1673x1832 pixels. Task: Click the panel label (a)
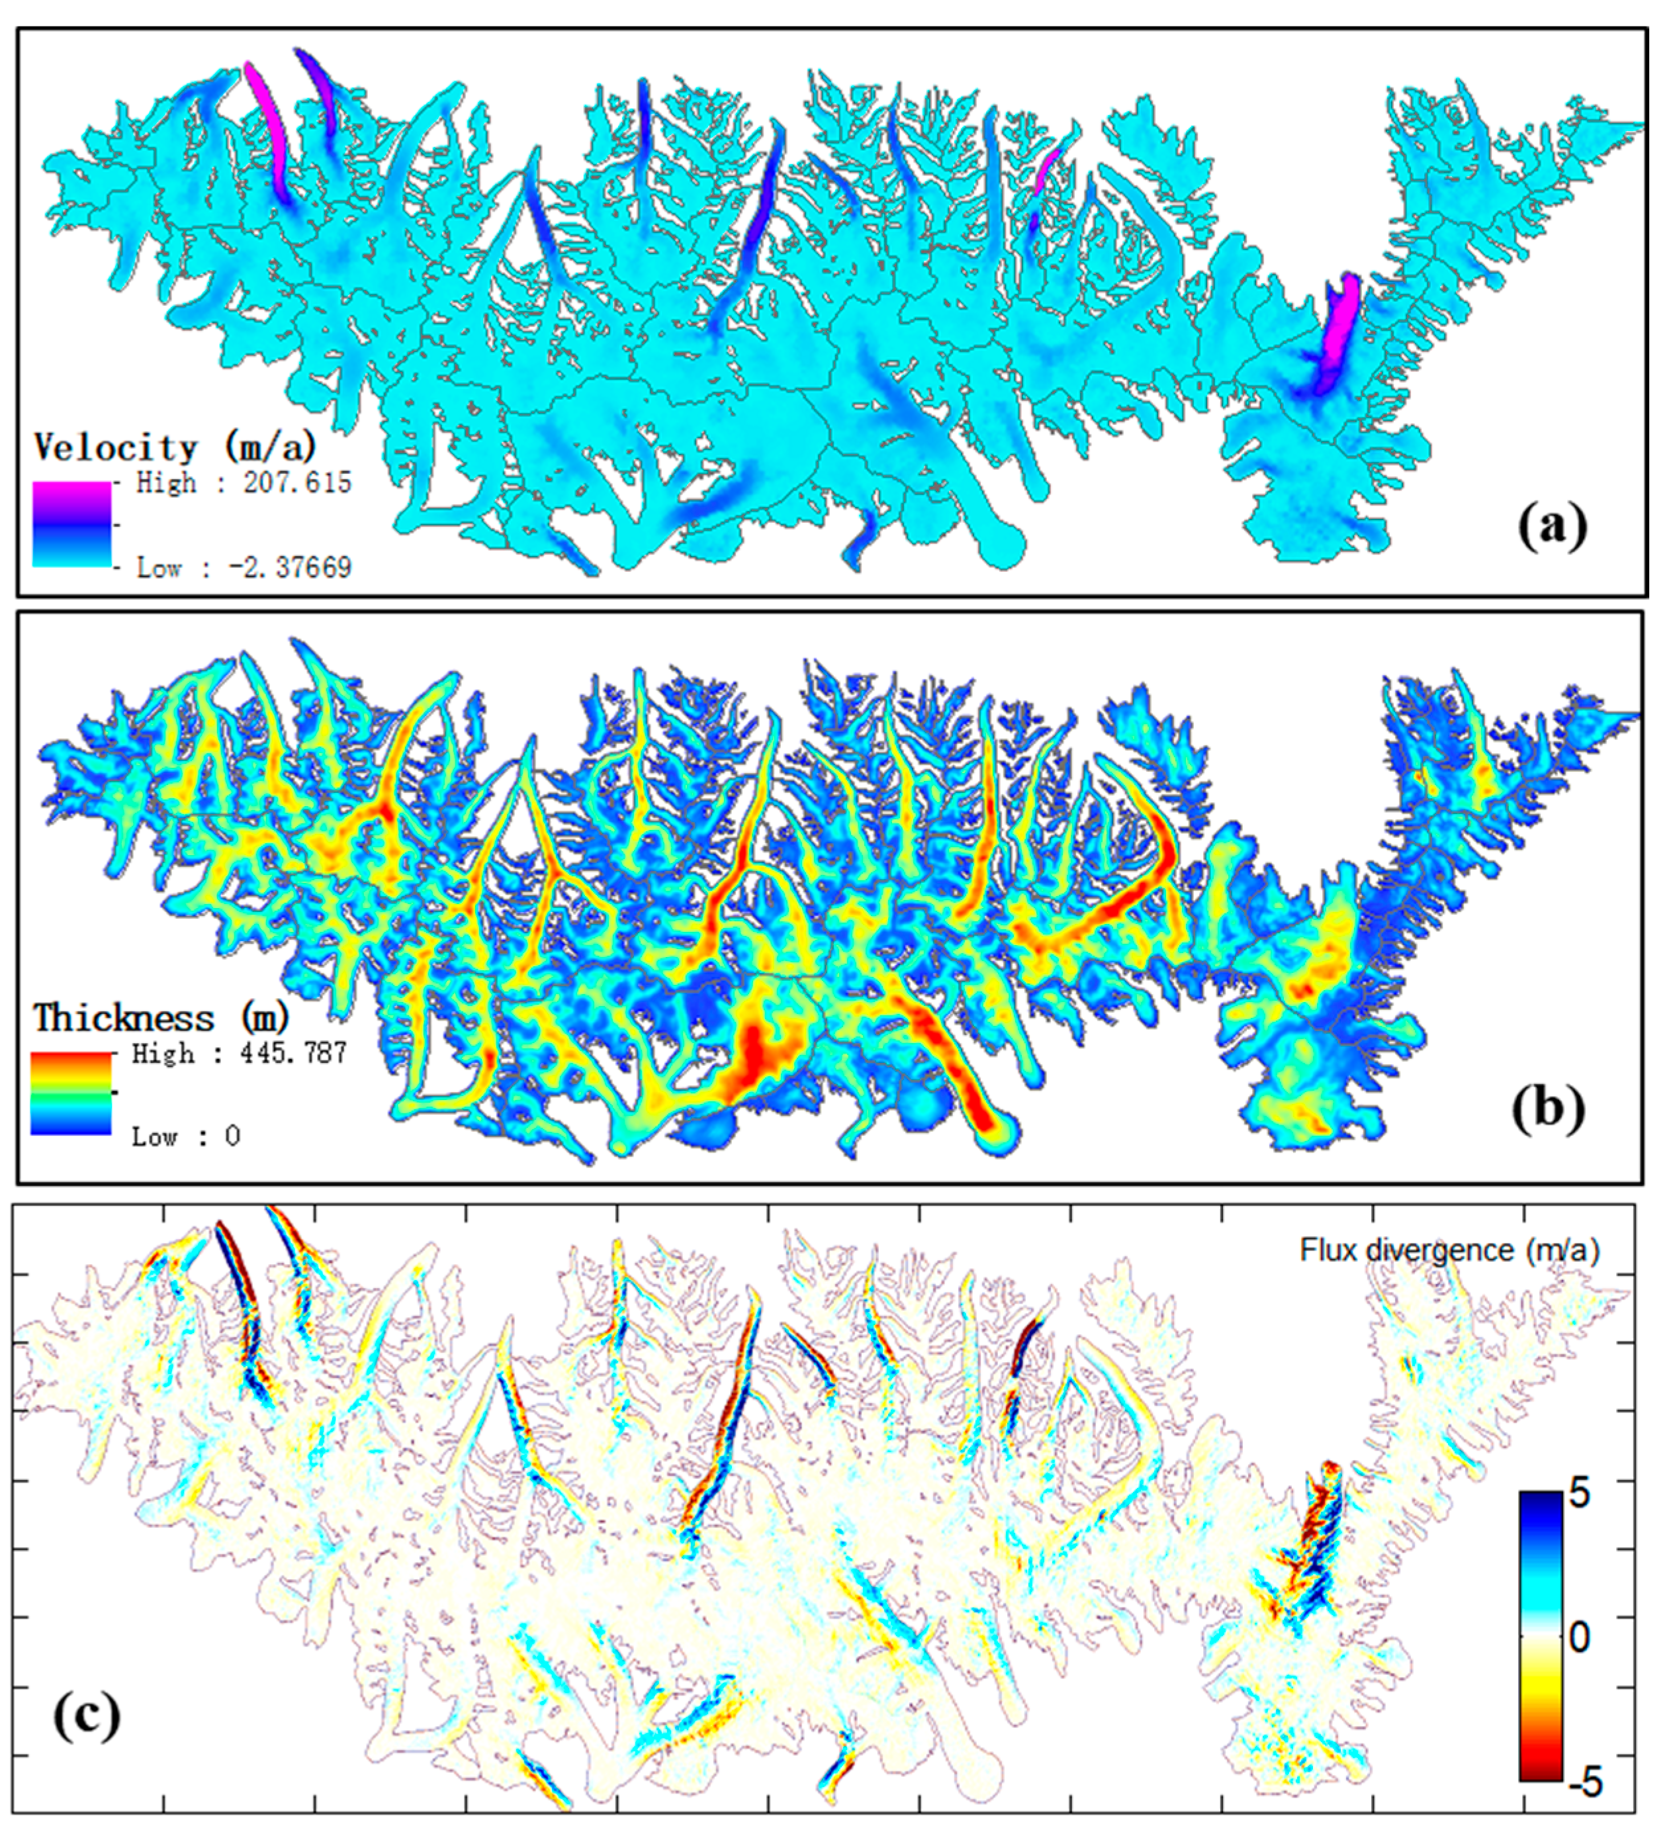pos(1552,526)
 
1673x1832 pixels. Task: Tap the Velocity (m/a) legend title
pos(175,447)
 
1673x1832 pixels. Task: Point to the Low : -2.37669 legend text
pos(244,568)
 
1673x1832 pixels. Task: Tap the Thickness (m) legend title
pos(161,1018)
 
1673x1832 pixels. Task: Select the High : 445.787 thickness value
pos(239,1053)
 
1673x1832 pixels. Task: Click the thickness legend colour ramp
pos(71,1093)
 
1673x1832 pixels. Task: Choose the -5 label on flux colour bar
pos(1585,1783)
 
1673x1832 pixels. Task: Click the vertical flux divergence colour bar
pos(1541,1635)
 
